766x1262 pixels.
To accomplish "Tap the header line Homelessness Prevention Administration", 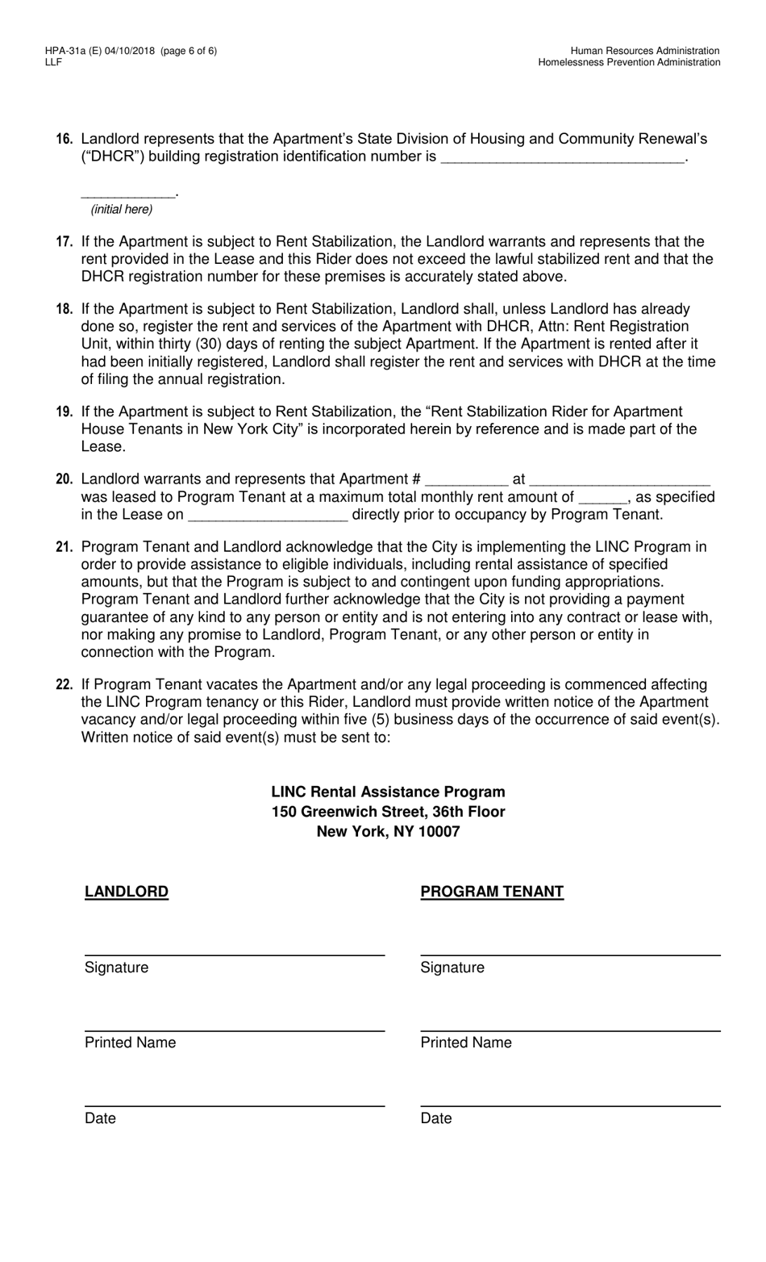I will (629, 62).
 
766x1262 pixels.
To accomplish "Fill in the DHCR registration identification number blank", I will (562, 158).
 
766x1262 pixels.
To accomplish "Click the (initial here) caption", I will (122, 210).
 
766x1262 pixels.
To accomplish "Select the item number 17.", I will (65, 242).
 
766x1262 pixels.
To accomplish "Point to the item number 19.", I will (65, 412).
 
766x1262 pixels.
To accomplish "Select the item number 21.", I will (65, 547).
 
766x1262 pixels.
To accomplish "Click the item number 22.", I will (65, 685).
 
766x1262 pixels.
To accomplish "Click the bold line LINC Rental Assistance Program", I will (388, 792).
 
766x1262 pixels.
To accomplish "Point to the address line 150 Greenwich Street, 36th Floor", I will (388, 812).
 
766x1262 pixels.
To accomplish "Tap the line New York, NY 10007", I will (388, 831).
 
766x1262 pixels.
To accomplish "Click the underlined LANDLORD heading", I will (127, 892).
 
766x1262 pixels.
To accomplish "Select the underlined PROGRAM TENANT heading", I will (492, 892).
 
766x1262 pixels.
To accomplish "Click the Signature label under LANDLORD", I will (116, 967).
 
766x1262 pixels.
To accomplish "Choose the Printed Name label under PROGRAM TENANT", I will (465, 1043).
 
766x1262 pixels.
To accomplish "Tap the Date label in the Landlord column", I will (100, 1118).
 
